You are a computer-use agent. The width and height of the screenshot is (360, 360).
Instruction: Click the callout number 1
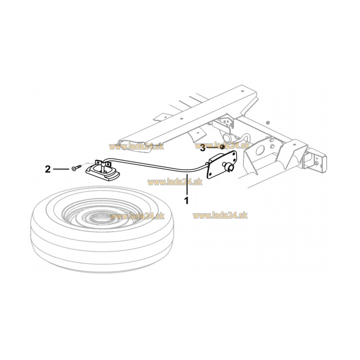(186, 200)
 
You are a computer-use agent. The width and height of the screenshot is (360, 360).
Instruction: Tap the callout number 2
(48, 169)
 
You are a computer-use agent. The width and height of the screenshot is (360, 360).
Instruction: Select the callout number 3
(202, 148)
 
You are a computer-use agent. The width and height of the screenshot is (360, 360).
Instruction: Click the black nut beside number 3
(222, 147)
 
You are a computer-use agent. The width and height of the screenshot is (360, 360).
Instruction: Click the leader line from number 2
(61, 169)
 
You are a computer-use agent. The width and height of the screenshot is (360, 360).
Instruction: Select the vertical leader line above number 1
(187, 185)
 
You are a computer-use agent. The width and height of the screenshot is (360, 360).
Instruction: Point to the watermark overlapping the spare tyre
(137, 216)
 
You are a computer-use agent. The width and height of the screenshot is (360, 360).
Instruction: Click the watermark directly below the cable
(175, 182)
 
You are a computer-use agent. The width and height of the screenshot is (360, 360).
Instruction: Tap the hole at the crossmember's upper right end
(242, 91)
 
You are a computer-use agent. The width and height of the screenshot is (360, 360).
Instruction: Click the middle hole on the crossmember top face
(181, 119)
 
